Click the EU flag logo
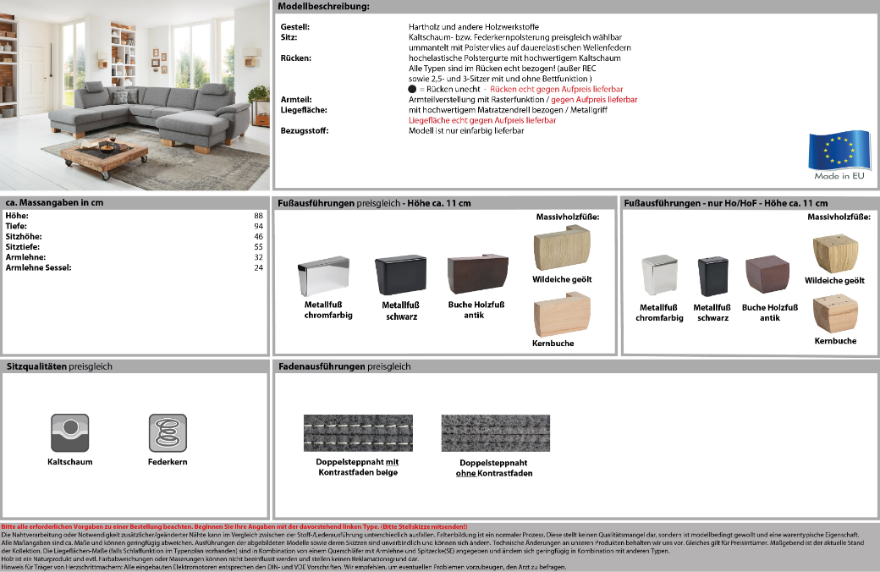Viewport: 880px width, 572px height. [x=839, y=150]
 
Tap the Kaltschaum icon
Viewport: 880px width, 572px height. [x=70, y=433]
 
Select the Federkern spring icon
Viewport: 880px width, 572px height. [x=167, y=433]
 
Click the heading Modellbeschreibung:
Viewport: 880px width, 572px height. [x=323, y=7]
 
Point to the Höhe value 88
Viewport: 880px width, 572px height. [x=259, y=216]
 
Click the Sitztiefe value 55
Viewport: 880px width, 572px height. [x=259, y=246]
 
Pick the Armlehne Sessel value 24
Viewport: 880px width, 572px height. [x=259, y=267]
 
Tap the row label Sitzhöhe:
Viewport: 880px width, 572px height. [x=24, y=236]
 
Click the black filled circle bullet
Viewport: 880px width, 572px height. [x=412, y=89]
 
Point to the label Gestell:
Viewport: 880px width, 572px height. [x=294, y=27]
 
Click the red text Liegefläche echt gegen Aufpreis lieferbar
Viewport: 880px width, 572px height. [x=482, y=120]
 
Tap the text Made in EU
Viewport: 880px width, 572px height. [x=839, y=176]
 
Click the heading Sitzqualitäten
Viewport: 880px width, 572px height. [x=37, y=366]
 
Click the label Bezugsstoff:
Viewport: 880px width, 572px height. [x=305, y=130]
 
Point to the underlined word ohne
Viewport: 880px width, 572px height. [x=465, y=473]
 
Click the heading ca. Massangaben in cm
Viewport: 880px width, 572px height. [x=54, y=203]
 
